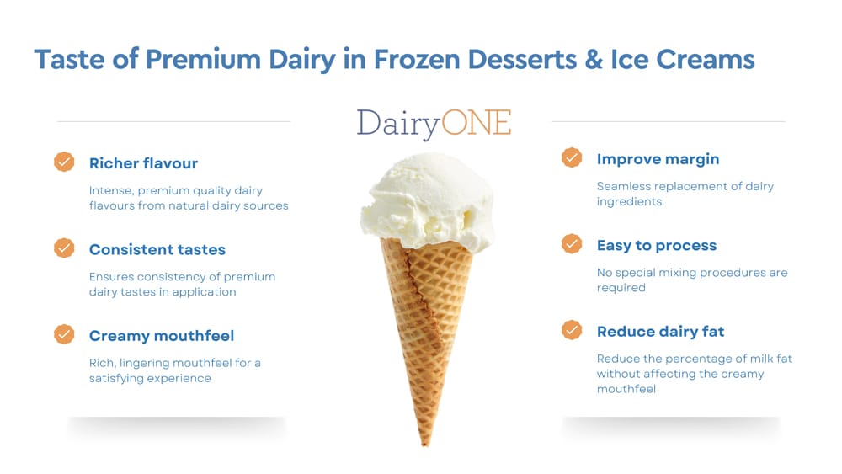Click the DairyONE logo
(x=434, y=124)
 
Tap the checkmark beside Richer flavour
(x=64, y=162)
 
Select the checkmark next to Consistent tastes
(x=64, y=248)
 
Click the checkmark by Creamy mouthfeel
(x=64, y=334)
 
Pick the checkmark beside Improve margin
(x=572, y=157)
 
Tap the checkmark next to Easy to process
(x=572, y=243)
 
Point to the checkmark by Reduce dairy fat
(x=572, y=329)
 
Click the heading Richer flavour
(x=143, y=163)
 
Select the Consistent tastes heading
(x=157, y=249)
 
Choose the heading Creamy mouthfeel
(x=162, y=336)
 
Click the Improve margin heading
(x=658, y=159)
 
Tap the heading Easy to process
(x=657, y=246)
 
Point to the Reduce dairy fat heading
(x=660, y=332)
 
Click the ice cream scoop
(x=428, y=201)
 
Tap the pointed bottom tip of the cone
(x=425, y=445)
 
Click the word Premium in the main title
(x=203, y=59)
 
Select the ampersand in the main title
(x=594, y=59)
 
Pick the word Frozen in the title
(x=417, y=59)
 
